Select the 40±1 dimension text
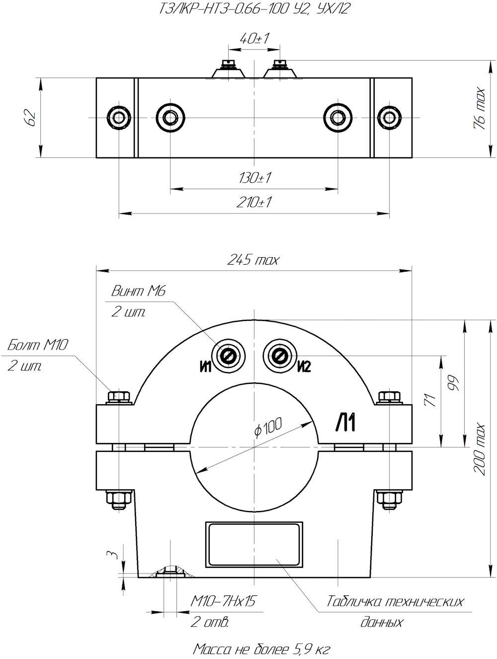254,39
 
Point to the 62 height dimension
31,118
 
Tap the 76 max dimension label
479,109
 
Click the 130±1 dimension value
255,178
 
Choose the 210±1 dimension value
254,202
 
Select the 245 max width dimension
253,260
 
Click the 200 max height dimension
479,449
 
